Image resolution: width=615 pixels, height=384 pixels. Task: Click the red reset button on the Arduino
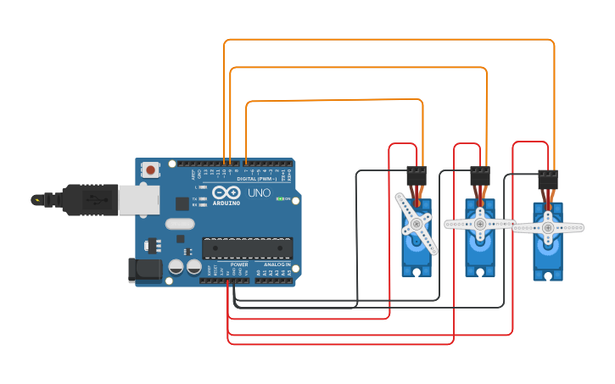(150, 170)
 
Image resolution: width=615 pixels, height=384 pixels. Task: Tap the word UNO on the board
(259, 193)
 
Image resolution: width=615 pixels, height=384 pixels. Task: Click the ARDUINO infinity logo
(226, 194)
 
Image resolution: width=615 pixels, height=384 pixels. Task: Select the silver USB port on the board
(138, 200)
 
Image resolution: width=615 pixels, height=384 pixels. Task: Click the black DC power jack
(143, 270)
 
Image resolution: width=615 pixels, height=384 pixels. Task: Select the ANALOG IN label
(276, 264)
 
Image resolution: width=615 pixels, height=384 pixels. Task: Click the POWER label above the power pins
(239, 264)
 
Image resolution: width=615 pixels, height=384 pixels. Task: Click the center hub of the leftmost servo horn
(416, 224)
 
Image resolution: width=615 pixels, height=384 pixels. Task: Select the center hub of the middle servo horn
(479, 224)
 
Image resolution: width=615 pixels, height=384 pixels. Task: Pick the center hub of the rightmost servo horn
(548, 227)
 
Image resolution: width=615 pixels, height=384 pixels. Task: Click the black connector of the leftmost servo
(416, 175)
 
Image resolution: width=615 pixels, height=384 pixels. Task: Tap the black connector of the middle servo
(480, 175)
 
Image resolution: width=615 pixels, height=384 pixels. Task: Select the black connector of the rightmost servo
(548, 180)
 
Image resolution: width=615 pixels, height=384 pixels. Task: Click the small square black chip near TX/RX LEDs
(182, 203)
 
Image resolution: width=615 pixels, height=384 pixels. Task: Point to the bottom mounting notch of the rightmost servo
(548, 275)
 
